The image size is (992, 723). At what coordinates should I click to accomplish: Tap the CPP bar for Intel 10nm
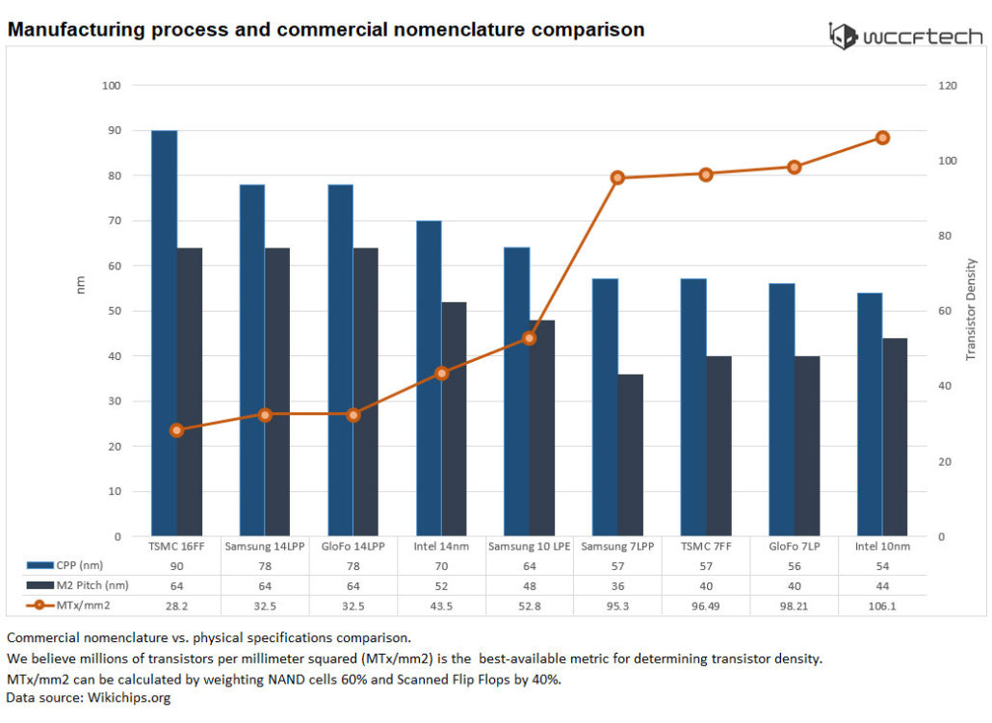pyautogui.click(x=870, y=414)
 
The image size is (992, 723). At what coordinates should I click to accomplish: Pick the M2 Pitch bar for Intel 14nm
pyautogui.click(x=454, y=419)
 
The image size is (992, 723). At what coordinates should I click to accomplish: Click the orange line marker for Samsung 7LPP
pyautogui.click(x=617, y=177)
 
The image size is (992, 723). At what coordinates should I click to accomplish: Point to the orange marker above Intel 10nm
pyautogui.click(x=882, y=138)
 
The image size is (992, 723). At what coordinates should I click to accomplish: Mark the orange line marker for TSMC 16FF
pyautogui.click(x=176, y=430)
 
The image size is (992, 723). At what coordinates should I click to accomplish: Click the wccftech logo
pyautogui.click(x=906, y=37)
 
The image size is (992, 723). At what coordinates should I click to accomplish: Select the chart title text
pyautogui.click(x=326, y=30)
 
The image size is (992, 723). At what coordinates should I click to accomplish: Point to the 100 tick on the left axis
pyautogui.click(x=112, y=86)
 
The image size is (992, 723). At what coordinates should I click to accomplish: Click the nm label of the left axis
pyautogui.click(x=81, y=284)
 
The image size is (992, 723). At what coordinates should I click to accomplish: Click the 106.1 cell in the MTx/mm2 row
pyautogui.click(x=882, y=604)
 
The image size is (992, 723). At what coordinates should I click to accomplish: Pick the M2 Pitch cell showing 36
pyautogui.click(x=617, y=584)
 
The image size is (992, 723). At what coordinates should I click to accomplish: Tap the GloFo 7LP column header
pyautogui.click(x=794, y=546)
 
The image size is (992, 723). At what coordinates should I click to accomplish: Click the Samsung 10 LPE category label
pyautogui.click(x=529, y=546)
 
